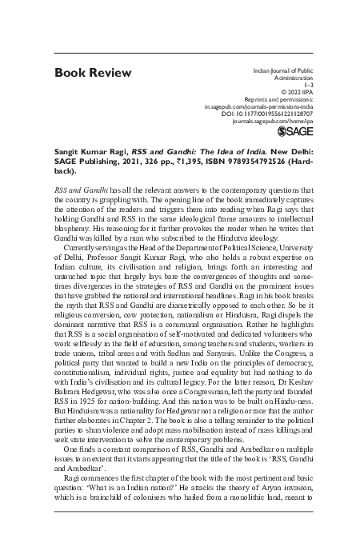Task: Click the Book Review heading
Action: click(x=93, y=74)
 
